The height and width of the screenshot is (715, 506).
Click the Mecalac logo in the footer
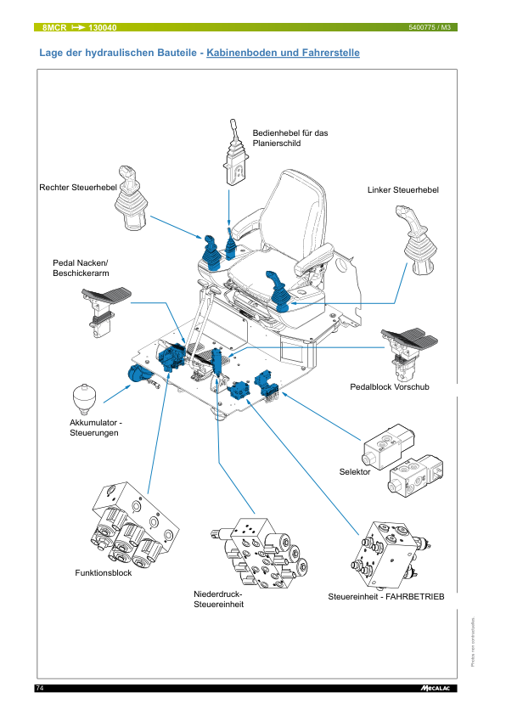click(436, 688)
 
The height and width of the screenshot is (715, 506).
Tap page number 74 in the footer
click(40, 688)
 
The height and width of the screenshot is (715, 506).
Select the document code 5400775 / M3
click(430, 27)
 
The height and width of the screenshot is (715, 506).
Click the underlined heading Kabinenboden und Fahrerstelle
click(283, 53)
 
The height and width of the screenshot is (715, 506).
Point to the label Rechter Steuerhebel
click(78, 188)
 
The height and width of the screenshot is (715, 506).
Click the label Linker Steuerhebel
click(403, 190)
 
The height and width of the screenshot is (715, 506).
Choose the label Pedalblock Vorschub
click(390, 387)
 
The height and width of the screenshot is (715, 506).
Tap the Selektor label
click(355, 472)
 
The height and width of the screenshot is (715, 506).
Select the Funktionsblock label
click(103, 573)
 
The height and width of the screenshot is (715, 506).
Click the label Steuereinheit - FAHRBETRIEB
click(386, 597)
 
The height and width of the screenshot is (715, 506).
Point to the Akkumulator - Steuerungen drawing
click(83, 399)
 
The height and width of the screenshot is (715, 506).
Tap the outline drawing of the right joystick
click(131, 199)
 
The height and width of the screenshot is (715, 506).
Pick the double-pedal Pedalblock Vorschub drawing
click(408, 353)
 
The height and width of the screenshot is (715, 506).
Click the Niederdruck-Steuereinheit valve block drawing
click(260, 553)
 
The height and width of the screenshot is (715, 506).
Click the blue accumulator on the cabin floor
click(138, 374)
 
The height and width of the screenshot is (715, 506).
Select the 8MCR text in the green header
click(54, 27)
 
